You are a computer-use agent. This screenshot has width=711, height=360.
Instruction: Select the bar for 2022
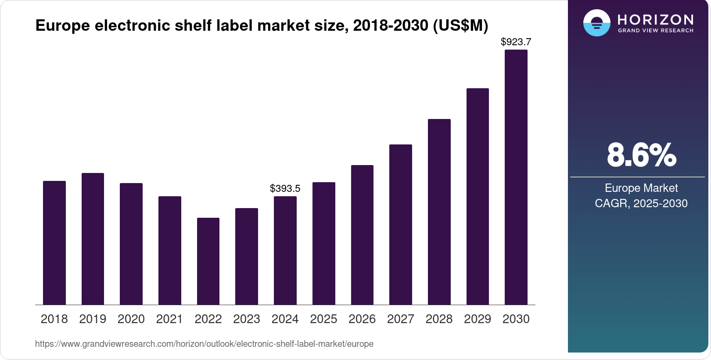point(208,261)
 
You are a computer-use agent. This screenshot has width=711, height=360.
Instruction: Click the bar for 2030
point(516,177)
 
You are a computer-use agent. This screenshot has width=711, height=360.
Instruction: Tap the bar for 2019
point(93,239)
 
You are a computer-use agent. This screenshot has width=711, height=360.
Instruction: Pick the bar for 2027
point(401,225)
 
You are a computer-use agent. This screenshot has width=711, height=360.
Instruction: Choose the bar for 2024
point(285,250)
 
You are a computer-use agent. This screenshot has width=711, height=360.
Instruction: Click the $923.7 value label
point(516,42)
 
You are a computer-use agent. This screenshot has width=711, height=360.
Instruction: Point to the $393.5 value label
point(285,189)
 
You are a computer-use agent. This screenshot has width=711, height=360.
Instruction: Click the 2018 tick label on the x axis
point(54,319)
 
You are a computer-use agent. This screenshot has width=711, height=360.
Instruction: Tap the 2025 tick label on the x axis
point(323,319)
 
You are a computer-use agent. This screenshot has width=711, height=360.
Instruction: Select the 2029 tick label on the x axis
point(478,319)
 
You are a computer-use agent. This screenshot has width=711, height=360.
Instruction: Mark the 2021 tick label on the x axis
point(169,319)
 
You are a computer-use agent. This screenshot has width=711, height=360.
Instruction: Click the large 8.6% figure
point(641,155)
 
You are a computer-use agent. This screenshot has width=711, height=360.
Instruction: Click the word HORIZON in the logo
point(655,20)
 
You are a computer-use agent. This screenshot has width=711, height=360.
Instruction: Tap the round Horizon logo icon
point(596,23)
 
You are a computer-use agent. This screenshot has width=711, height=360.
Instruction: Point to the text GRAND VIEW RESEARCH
point(655,31)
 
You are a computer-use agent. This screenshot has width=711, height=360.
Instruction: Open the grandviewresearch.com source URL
point(204,344)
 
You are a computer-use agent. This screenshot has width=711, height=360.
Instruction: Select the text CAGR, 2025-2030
point(641,204)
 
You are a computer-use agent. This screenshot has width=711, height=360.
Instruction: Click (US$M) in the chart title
point(460,25)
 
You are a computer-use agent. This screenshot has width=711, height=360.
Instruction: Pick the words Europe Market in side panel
point(641,188)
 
